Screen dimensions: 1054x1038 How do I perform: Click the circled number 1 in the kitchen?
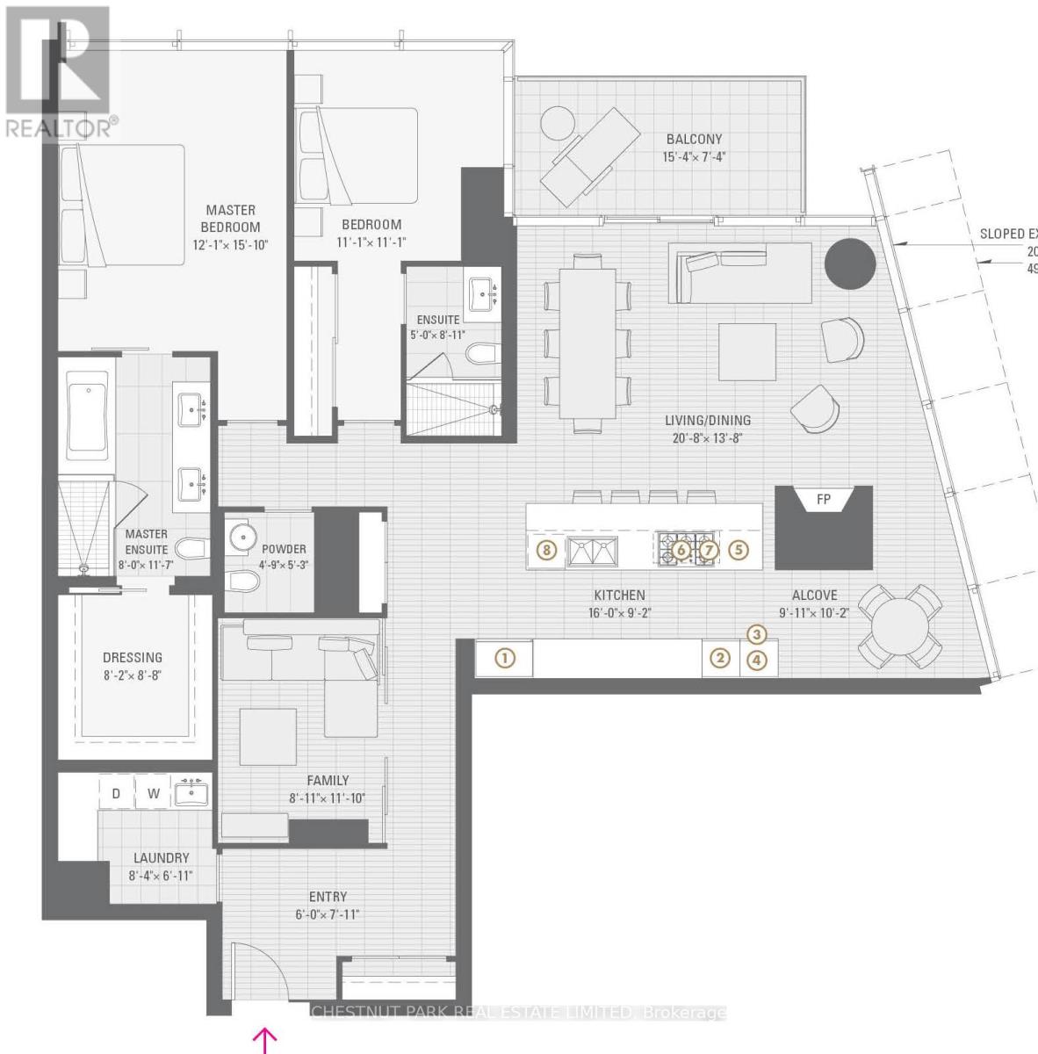(x=504, y=657)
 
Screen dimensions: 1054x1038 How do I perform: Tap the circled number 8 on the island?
(x=546, y=551)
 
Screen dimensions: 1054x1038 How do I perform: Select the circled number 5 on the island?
(x=739, y=551)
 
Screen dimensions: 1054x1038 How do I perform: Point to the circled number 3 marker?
(x=758, y=634)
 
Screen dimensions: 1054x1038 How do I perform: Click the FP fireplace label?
(x=823, y=500)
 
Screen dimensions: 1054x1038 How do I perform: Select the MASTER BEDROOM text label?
(x=231, y=218)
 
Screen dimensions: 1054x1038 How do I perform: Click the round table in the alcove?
(x=900, y=625)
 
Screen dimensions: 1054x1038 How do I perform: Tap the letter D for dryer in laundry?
(x=115, y=794)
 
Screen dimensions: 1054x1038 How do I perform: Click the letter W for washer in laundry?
(x=154, y=794)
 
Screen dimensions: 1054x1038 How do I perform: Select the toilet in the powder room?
(x=242, y=581)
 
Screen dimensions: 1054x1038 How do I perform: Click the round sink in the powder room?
(x=241, y=536)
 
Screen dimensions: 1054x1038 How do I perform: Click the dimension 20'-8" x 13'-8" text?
(x=707, y=437)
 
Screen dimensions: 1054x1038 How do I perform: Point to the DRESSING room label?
(x=133, y=657)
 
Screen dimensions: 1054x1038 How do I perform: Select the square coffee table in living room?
(x=747, y=352)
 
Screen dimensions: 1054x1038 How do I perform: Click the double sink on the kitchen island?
(x=593, y=552)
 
